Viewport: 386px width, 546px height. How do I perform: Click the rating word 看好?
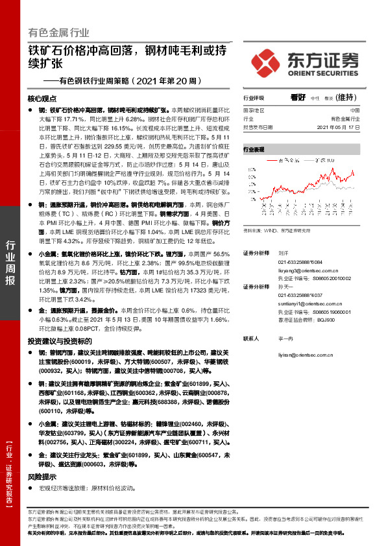298,98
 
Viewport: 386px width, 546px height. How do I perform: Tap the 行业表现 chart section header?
254,149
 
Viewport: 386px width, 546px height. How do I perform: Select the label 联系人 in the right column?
251,338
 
